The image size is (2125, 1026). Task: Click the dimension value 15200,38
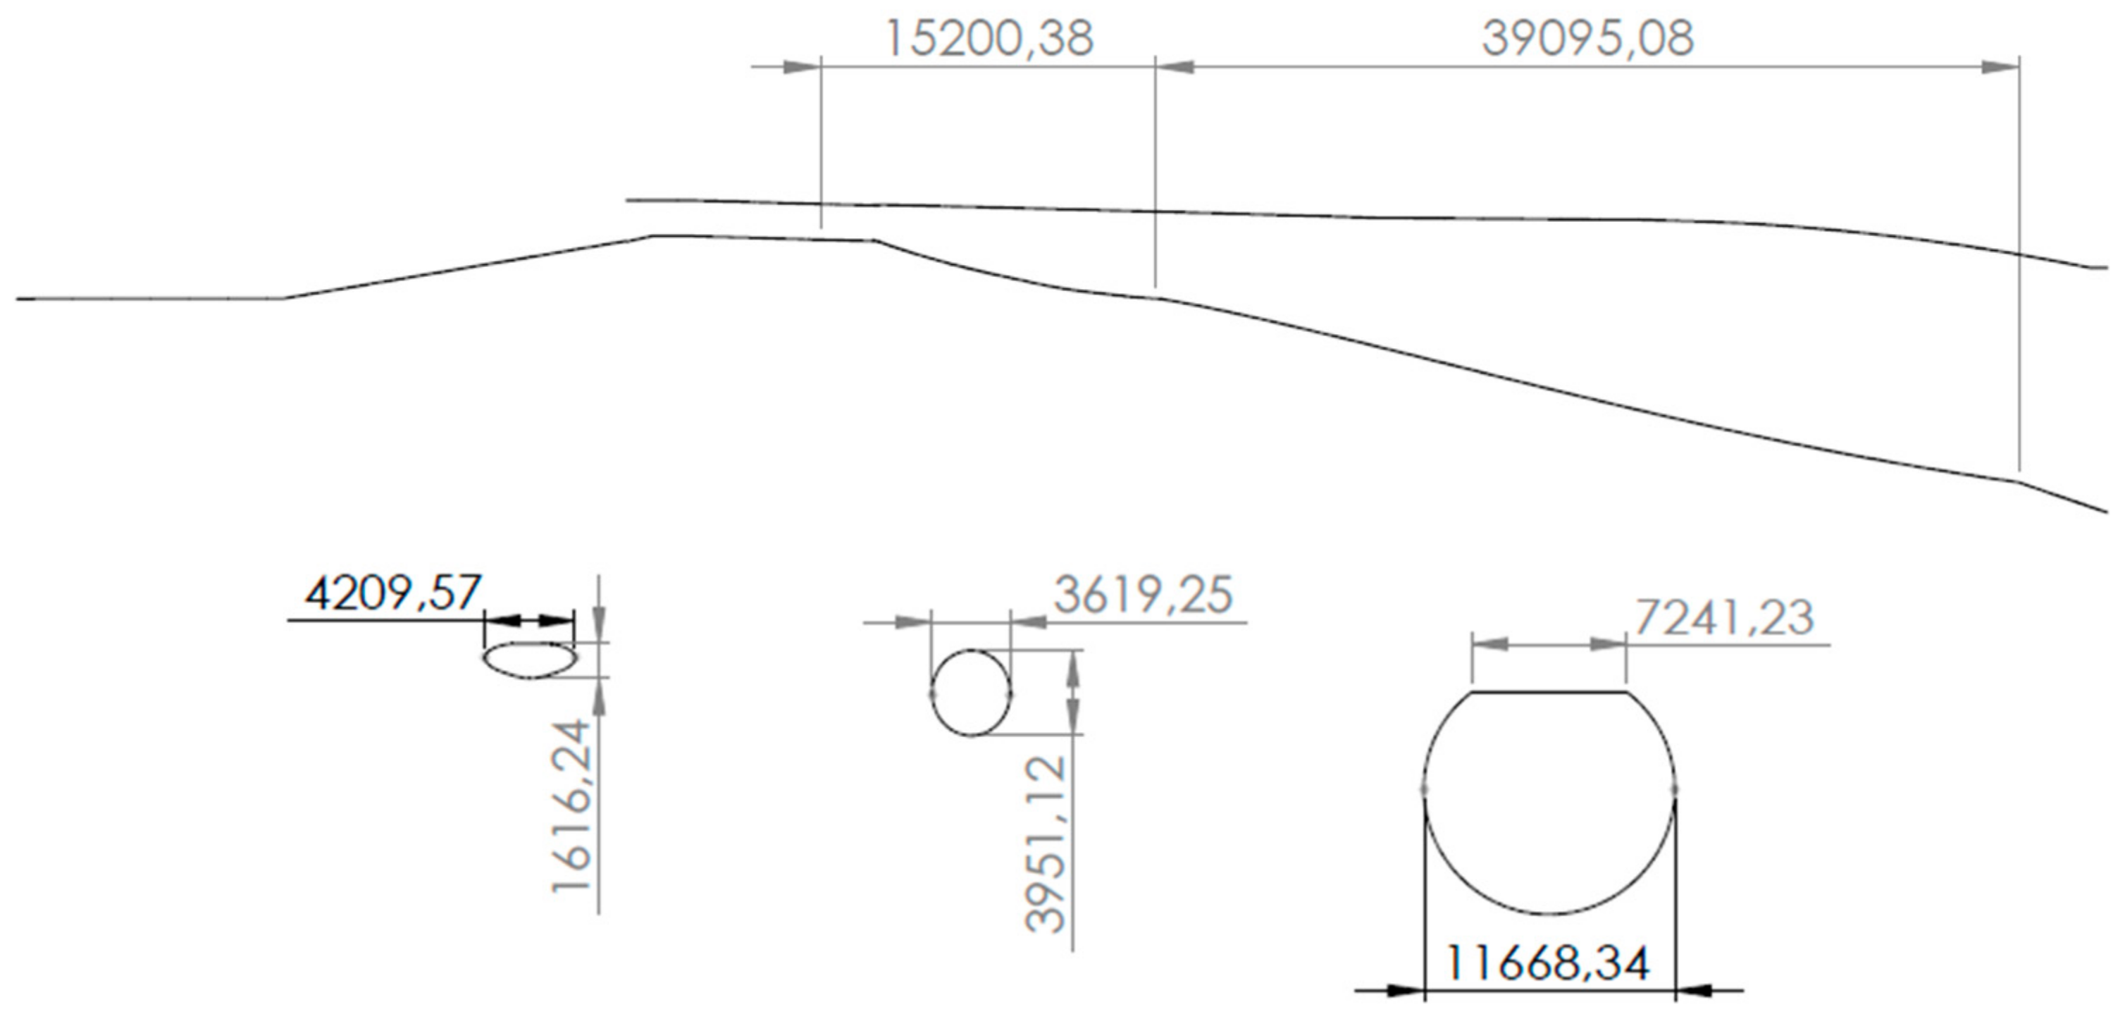(989, 39)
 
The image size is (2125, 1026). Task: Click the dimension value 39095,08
(1587, 39)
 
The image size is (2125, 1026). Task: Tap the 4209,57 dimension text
(392, 593)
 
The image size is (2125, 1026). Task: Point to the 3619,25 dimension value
(1144, 595)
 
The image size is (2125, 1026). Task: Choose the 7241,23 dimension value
(1724, 618)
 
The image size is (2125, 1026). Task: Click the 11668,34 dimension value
(1549, 963)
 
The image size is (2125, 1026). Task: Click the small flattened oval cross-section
(530, 660)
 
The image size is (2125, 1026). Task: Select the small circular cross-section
(971, 693)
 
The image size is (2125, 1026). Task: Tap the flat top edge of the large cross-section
(1549, 693)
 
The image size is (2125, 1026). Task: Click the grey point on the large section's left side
(1424, 789)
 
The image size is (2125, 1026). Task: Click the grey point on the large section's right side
(1674, 789)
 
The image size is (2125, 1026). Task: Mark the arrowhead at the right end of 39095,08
(2000, 67)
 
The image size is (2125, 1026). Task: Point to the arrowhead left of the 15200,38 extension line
(801, 67)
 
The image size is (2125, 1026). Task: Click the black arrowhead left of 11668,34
(1406, 990)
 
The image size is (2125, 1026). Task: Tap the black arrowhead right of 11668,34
(1695, 990)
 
